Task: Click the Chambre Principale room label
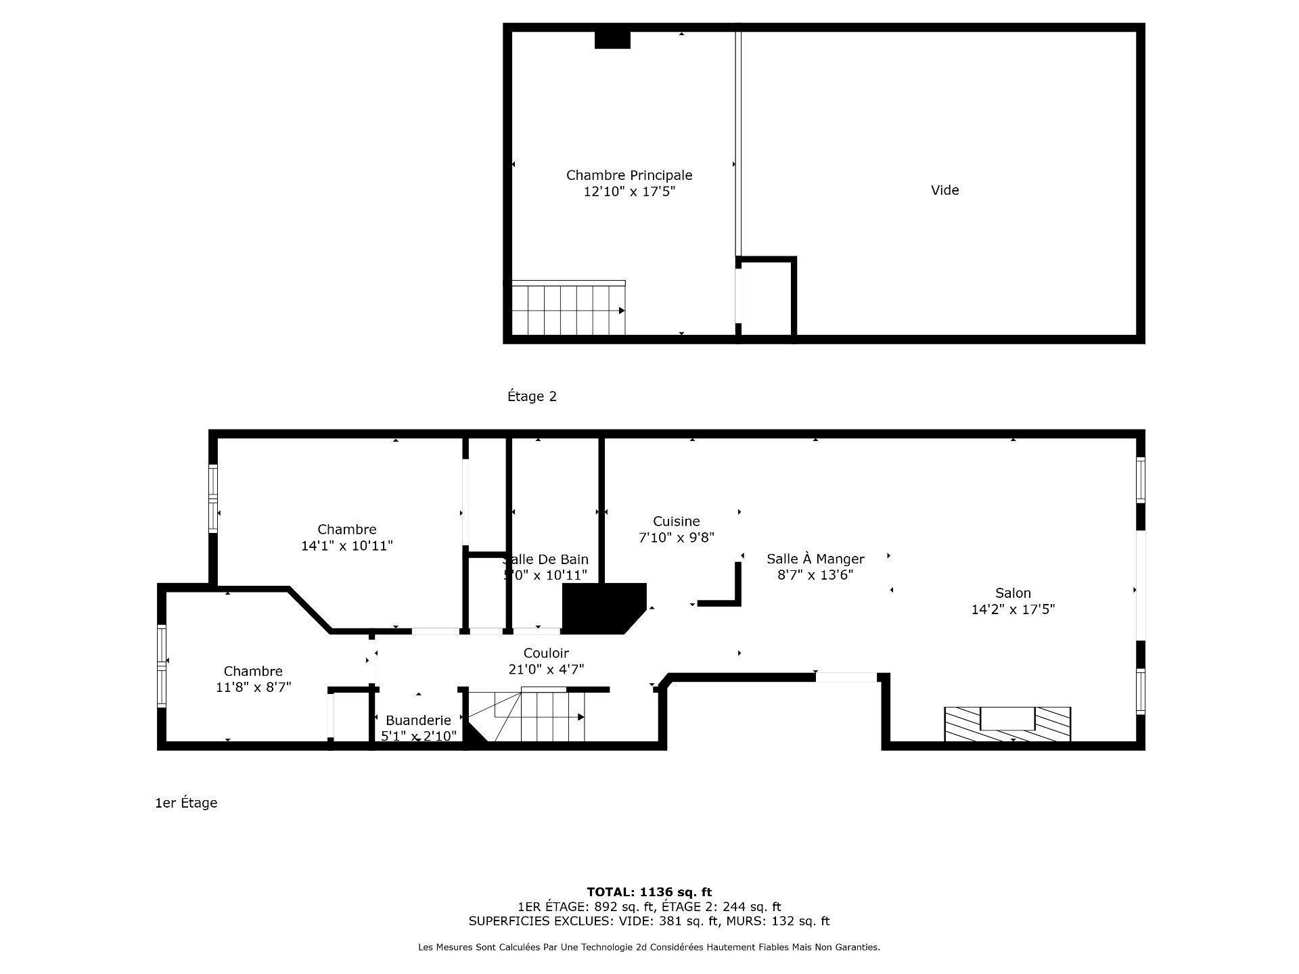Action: coord(629,175)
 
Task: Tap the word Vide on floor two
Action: coord(944,190)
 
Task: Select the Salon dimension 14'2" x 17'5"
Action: coord(1013,609)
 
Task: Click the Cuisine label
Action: coord(676,521)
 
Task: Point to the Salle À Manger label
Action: coord(815,559)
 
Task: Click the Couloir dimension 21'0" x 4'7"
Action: coord(546,670)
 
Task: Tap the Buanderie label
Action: coord(418,720)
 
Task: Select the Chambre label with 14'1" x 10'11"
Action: coord(346,530)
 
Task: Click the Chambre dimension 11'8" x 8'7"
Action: coord(253,687)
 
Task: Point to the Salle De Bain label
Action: coord(547,559)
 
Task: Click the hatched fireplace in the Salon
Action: coord(1007,723)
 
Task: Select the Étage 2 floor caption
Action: coord(532,396)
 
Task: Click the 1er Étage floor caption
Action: coord(186,803)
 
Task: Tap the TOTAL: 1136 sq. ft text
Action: coord(649,892)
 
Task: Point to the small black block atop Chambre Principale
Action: coord(612,40)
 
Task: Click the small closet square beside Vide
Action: coord(767,298)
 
